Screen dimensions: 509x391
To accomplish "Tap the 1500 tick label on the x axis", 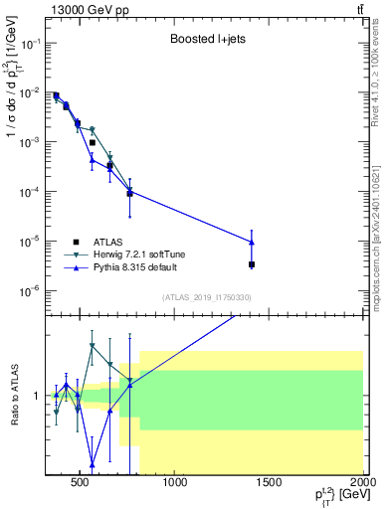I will (270, 484).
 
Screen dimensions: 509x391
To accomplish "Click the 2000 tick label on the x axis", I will (363, 484).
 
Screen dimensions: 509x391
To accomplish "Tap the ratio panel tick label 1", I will (37, 396).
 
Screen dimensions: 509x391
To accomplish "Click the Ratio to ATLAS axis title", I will (14, 396).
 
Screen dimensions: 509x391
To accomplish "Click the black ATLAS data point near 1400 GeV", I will (252, 264).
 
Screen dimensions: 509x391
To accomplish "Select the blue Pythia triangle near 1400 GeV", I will (252, 242).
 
